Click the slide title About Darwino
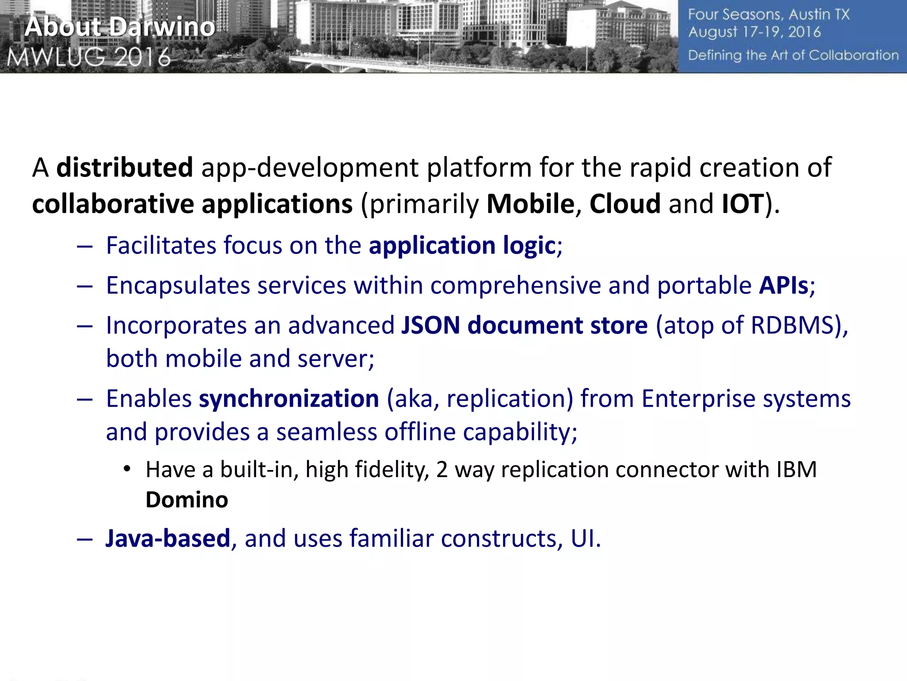tap(120, 27)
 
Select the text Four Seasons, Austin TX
tap(768, 15)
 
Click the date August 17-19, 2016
tap(754, 32)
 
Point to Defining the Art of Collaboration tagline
tap(793, 55)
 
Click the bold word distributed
tap(124, 168)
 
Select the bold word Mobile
tap(530, 204)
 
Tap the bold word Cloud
tap(625, 204)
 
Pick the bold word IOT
tap(743, 204)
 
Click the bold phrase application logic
tap(462, 246)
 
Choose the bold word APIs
tap(783, 286)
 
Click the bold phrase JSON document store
tap(524, 325)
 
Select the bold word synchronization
tap(289, 399)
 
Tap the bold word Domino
tap(186, 500)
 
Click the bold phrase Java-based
tap(167, 538)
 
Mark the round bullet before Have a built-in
tap(127, 469)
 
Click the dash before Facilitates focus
tap(84, 247)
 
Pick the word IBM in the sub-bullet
tap(796, 470)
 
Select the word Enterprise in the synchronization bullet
tap(698, 399)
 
